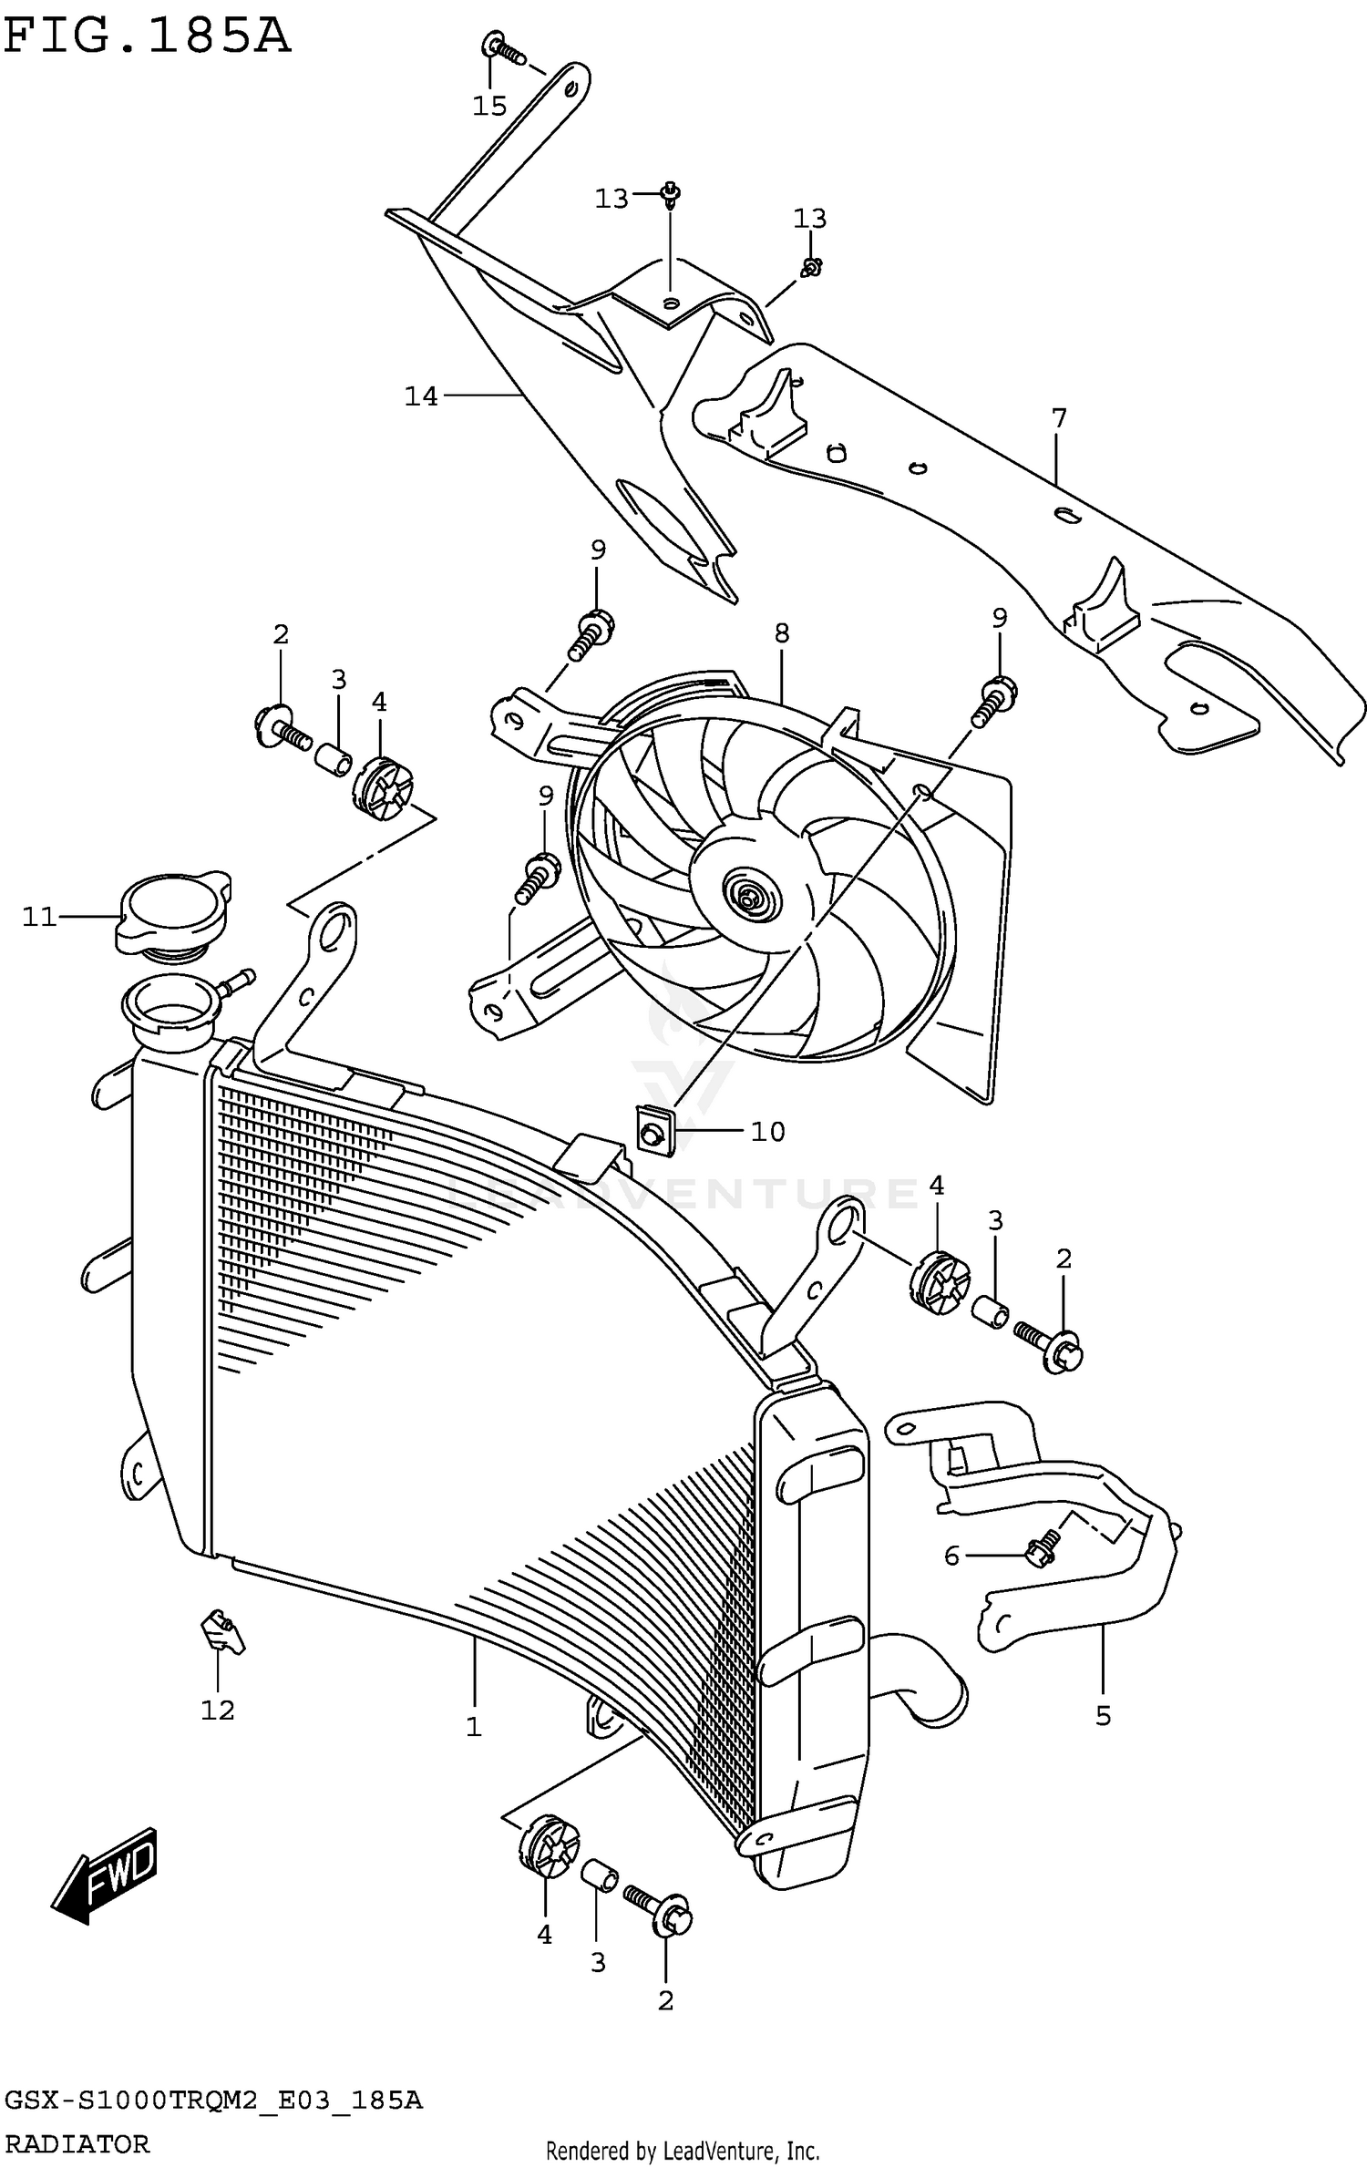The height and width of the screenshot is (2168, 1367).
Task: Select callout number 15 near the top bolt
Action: point(489,107)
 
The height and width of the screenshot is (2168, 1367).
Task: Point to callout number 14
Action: point(421,396)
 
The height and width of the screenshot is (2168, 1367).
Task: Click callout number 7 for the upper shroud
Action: point(1058,418)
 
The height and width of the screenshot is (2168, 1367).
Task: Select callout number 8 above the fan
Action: point(782,632)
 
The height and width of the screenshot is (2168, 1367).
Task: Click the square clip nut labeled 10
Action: point(653,1133)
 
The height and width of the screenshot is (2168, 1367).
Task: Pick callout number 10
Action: point(767,1131)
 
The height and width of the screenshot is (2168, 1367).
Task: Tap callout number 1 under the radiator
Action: point(474,1727)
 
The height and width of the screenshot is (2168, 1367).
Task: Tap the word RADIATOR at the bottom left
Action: point(77,2142)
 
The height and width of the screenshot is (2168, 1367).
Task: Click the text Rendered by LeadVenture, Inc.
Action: point(683,2152)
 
